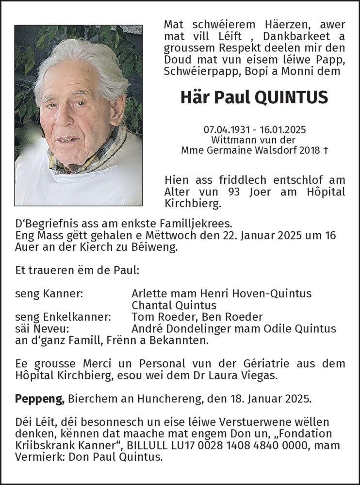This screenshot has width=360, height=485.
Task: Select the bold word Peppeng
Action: (40, 399)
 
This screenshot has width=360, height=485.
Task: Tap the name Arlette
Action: (149, 293)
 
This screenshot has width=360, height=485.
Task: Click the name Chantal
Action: (150, 305)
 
